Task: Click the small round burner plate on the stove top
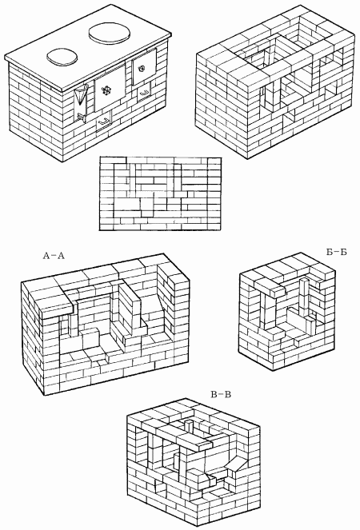coord(62,57)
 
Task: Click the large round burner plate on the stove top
coord(110,34)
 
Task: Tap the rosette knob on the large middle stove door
coord(107,90)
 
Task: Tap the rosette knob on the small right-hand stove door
coord(141,69)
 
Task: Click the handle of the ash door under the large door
coord(105,121)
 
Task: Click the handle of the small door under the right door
coord(145,92)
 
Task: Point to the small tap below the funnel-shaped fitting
coord(82,117)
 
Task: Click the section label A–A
coord(54,256)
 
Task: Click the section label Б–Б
coord(336,252)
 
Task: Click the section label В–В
coord(221,394)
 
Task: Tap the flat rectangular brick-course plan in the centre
coord(160,193)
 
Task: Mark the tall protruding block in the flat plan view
coord(147,207)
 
